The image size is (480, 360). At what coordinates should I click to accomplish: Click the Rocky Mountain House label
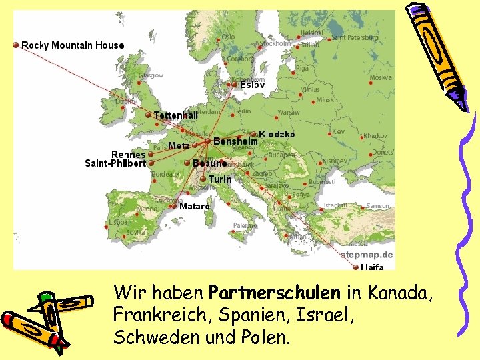point(73,45)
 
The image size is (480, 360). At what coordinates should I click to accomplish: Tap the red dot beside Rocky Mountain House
point(16,45)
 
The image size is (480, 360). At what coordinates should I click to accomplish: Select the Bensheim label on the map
point(235,141)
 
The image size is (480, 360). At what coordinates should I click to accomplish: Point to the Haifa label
point(372,267)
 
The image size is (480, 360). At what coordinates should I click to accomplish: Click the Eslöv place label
point(253,85)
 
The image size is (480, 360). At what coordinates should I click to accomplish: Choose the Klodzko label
point(277,134)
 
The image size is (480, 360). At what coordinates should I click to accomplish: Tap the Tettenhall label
point(176,115)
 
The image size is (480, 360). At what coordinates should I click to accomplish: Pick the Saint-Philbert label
point(115,163)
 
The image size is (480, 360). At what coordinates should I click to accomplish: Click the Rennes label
point(129,155)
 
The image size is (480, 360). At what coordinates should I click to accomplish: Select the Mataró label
point(195,207)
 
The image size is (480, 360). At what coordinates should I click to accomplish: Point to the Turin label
point(220,179)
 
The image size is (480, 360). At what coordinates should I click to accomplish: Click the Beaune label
point(210,163)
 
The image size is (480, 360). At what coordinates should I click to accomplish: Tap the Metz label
point(179,145)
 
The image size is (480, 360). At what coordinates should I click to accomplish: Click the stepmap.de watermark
point(367,255)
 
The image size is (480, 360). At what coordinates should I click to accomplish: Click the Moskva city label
point(381,78)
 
